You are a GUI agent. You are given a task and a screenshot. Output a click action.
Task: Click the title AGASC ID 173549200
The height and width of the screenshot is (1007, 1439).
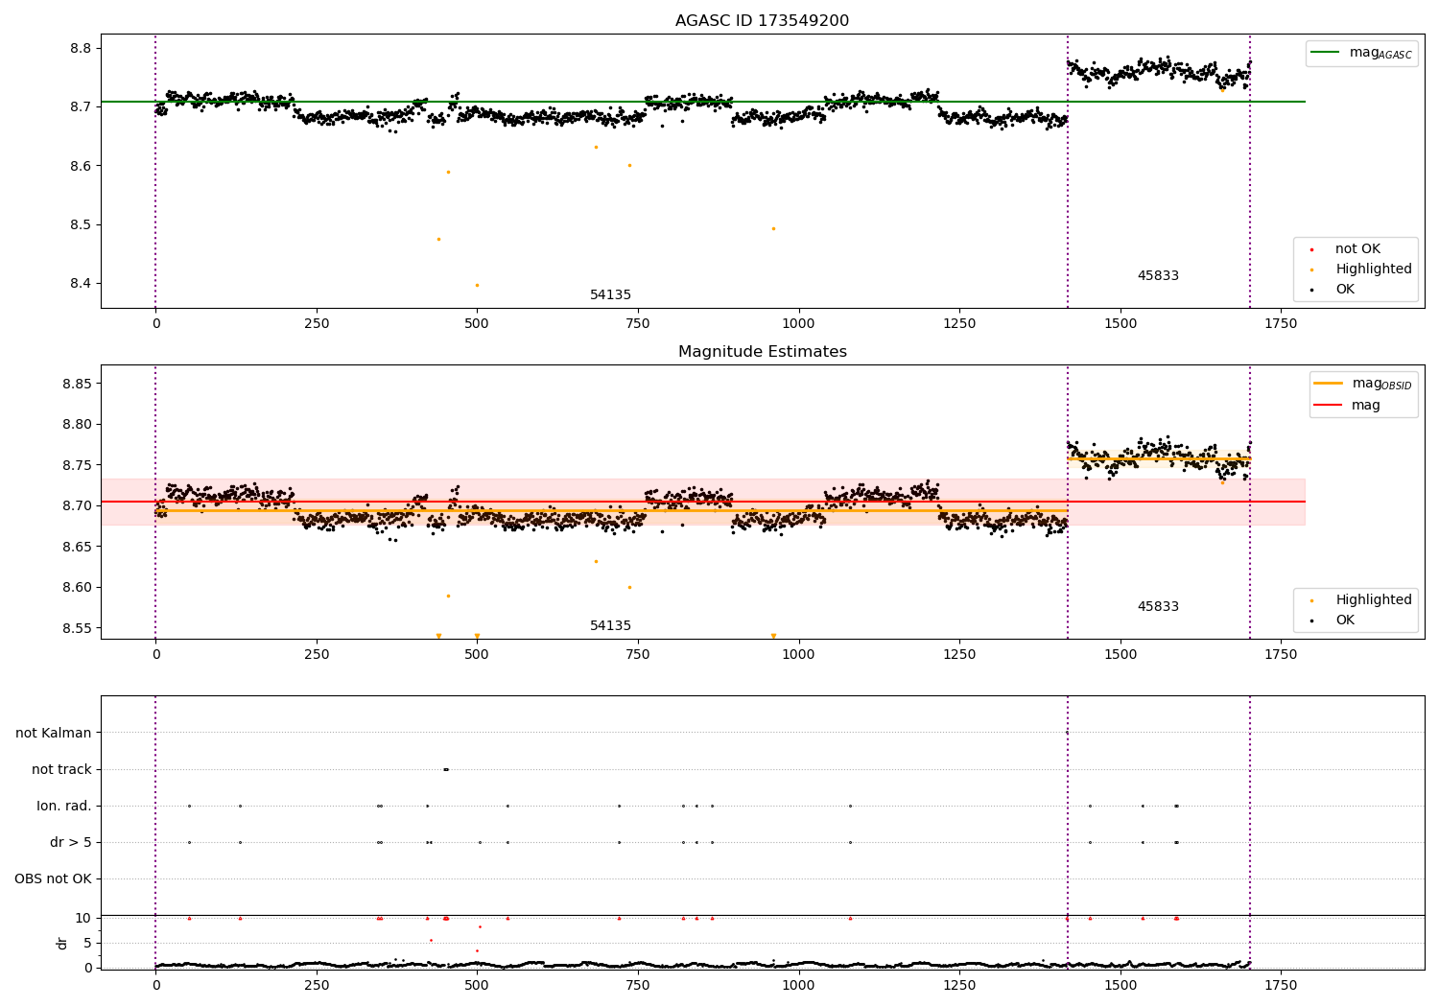pos(762,21)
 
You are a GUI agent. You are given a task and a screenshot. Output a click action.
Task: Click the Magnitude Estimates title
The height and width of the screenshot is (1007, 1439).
pos(762,352)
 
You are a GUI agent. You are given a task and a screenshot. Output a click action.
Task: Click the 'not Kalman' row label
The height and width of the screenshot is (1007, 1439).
pos(54,733)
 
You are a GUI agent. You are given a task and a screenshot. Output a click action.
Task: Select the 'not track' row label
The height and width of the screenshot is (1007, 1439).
pos(61,769)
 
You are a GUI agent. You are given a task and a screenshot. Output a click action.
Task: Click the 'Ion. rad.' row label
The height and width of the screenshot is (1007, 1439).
pos(64,806)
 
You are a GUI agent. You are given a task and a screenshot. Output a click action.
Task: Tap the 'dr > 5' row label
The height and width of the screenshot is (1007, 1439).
pos(71,842)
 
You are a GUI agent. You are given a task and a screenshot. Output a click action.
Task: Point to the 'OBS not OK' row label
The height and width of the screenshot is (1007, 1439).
pos(54,878)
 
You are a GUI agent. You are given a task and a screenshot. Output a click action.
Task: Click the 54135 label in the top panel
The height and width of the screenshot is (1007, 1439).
pos(610,295)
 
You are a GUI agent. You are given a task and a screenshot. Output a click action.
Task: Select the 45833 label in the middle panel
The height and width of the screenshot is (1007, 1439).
pos(1158,607)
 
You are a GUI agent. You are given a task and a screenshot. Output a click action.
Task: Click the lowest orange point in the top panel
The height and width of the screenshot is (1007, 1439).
pos(477,285)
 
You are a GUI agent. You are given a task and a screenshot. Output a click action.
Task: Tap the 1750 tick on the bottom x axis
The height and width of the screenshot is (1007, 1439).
pos(1281,985)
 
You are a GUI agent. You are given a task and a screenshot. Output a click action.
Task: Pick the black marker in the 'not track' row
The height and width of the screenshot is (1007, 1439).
pos(446,769)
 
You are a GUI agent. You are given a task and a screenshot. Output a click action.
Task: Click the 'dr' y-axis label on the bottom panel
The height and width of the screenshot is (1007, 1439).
pos(62,943)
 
